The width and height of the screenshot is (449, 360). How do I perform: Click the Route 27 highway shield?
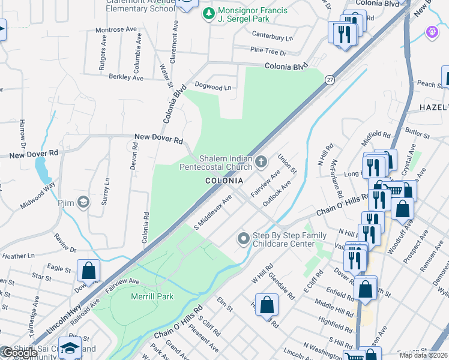click(x=330, y=80)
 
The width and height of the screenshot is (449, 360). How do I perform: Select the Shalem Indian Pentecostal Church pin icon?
click(x=261, y=161)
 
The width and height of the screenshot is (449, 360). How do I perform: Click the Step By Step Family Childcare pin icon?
click(x=243, y=239)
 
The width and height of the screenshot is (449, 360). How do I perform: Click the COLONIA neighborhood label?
click(x=224, y=181)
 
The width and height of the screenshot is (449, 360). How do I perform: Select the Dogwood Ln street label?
click(x=213, y=88)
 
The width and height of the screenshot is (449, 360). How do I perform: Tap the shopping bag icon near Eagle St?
click(x=89, y=271)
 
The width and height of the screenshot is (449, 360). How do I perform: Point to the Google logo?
click(x=19, y=353)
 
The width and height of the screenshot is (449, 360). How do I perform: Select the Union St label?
click(x=287, y=164)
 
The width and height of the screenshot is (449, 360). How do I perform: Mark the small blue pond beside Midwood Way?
click(x=43, y=172)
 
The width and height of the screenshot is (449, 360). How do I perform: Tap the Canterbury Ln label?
click(x=272, y=37)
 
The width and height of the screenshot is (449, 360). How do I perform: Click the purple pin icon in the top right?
click(x=432, y=32)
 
